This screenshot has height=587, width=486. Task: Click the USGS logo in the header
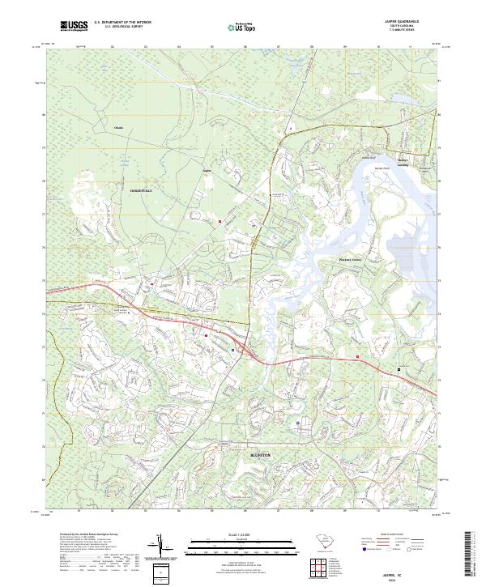[74, 27]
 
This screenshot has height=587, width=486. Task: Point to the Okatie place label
[119, 128]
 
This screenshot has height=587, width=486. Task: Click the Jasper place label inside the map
[206, 172]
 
